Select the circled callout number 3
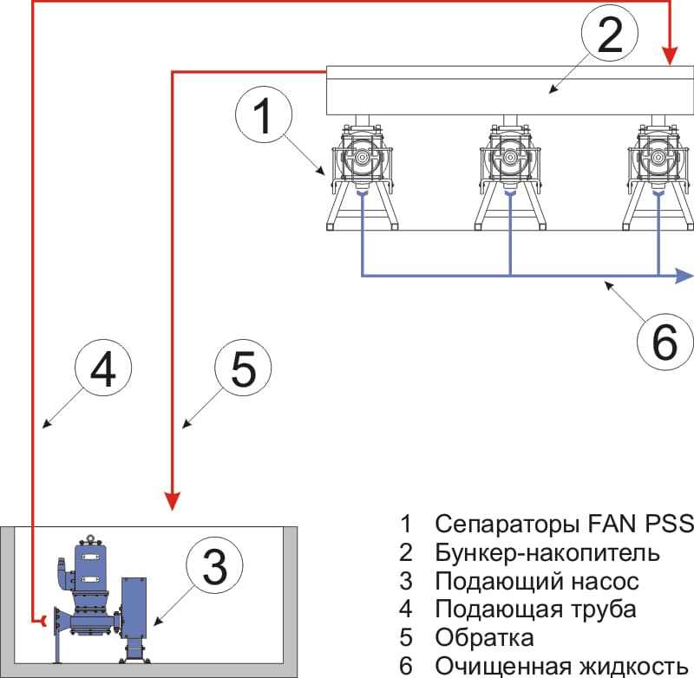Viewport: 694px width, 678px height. (215, 567)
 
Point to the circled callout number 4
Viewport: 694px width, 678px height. (102, 372)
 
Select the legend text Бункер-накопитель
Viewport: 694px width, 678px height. (547, 552)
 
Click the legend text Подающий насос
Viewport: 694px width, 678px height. (537, 580)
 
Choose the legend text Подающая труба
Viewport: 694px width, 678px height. (535, 609)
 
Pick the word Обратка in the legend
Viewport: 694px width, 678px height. (485, 637)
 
